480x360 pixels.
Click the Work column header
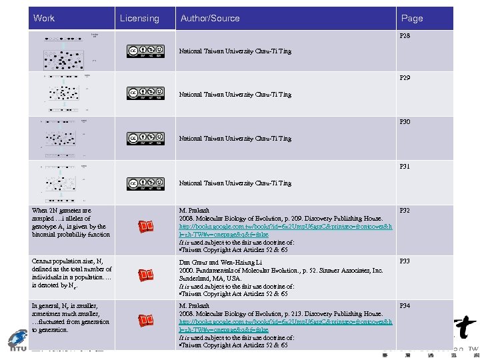pyautogui.click(x=44, y=18)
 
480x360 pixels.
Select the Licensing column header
pyautogui.click(x=139, y=19)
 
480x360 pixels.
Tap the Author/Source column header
pyautogui.click(x=210, y=19)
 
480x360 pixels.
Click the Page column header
pyautogui.click(x=411, y=19)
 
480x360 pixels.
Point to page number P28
pyautogui.click(x=405, y=35)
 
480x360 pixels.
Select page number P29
pyautogui.click(x=405, y=79)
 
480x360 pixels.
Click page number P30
pyautogui.click(x=405, y=122)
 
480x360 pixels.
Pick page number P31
pyautogui.click(x=405, y=166)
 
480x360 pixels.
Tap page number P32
pyautogui.click(x=405, y=211)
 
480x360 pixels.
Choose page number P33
pyautogui.click(x=405, y=261)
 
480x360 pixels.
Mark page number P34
pyautogui.click(x=405, y=306)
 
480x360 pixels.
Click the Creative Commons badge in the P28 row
pyautogui.click(x=145, y=51)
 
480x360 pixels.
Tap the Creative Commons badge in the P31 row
pyautogui.click(x=145, y=183)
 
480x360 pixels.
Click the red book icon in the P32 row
pyautogui.click(x=146, y=228)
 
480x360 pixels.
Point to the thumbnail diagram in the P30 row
pyautogui.click(x=67, y=138)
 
